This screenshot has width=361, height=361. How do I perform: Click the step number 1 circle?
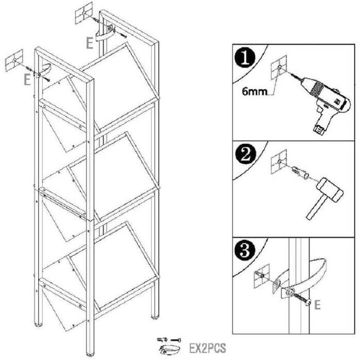245,58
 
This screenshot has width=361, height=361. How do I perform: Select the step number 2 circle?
245,154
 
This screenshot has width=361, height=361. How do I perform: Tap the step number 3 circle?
245,250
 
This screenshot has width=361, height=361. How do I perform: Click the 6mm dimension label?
254,92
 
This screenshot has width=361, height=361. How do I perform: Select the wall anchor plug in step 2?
300,173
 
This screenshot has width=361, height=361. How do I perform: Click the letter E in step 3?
317,305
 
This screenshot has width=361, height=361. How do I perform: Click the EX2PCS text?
207,348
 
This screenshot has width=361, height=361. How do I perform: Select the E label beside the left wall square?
27,80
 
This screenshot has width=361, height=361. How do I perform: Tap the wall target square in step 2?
279,161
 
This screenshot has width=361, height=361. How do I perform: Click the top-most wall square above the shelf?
84,13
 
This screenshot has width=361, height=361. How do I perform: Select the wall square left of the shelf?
14,60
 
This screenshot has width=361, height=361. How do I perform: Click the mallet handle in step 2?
316,208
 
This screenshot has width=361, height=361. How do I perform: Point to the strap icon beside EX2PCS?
170,350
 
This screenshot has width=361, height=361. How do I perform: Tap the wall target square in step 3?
261,276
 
